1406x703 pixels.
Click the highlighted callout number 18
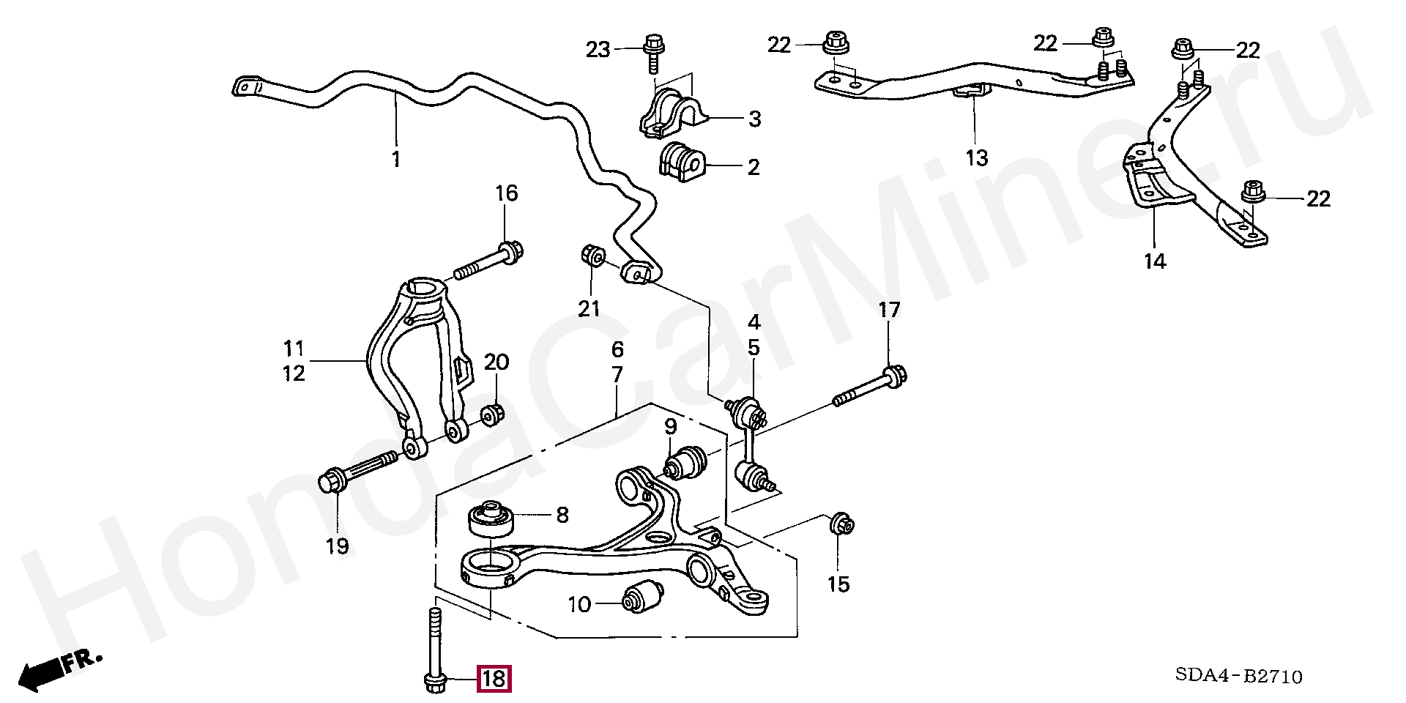[494, 679]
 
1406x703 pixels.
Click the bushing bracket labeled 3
[671, 114]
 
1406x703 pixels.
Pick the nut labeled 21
[592, 256]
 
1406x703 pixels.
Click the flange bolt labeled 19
[359, 472]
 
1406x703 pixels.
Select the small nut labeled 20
[491, 415]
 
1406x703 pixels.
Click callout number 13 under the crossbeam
[977, 157]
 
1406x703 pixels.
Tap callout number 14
[1155, 261]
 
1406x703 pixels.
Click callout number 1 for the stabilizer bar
[396, 159]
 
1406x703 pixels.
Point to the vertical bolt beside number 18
[434, 652]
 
